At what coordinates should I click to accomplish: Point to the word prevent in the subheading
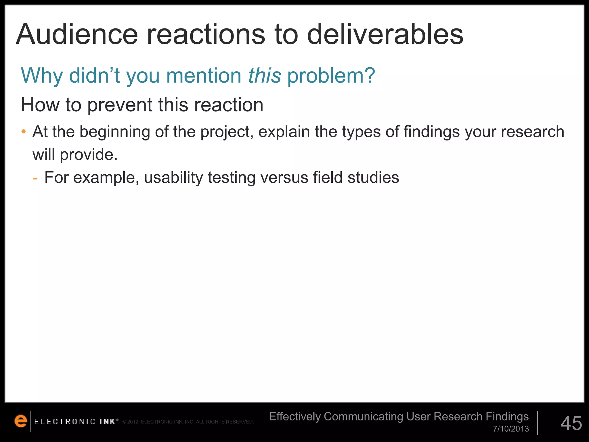point(120,105)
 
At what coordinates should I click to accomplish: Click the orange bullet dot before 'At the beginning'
point(24,132)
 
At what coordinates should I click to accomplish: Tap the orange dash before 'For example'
point(35,178)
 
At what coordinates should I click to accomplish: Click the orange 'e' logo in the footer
point(21,421)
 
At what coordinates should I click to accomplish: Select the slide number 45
point(571,423)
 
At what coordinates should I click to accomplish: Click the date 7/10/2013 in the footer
point(511,429)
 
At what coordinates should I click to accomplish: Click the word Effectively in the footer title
point(294,417)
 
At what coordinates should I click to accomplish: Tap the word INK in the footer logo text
point(107,422)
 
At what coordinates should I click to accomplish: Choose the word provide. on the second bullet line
point(89,155)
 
